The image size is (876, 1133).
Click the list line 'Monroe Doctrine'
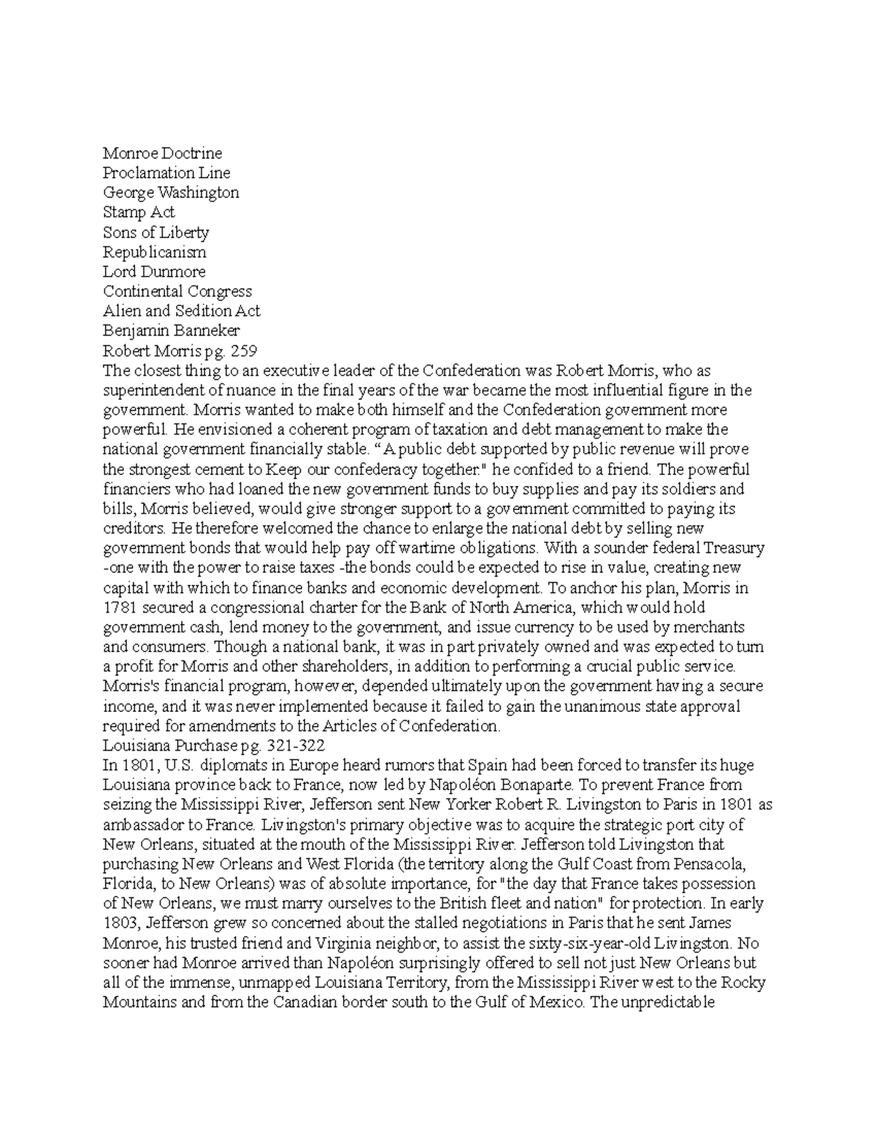tap(162, 153)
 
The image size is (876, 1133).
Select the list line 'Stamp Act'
tap(139, 212)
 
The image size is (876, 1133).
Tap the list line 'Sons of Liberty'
tap(156, 233)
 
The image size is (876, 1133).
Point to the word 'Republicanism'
tap(154, 252)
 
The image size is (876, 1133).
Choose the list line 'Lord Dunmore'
tap(154, 272)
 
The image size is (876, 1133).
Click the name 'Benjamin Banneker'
tap(171, 331)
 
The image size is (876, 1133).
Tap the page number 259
tap(243, 351)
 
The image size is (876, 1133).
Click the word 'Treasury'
tap(736, 548)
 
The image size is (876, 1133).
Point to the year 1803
tap(120, 923)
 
